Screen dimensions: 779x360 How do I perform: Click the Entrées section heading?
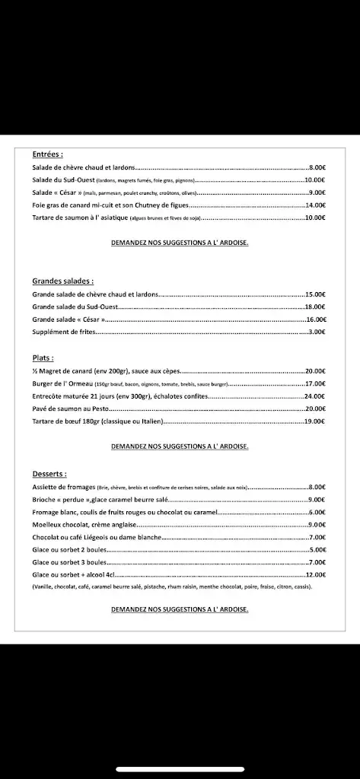[x=47, y=153]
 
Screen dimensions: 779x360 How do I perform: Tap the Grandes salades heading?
[x=62, y=281]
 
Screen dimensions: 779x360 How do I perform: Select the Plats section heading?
[x=43, y=357]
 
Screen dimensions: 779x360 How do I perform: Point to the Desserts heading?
[x=49, y=473]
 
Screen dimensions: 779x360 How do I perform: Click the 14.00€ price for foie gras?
[x=316, y=205]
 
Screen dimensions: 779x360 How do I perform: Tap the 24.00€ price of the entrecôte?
[x=316, y=396]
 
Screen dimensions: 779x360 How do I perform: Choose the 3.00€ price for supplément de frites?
[x=317, y=332]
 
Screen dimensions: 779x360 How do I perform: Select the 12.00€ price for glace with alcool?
[x=316, y=574]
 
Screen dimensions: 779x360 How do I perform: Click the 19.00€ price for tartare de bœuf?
[x=316, y=421]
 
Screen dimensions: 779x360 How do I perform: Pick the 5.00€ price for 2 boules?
[x=317, y=549]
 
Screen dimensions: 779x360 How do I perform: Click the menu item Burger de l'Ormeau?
[x=62, y=383]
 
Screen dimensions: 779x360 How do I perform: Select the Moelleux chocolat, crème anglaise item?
[x=84, y=524]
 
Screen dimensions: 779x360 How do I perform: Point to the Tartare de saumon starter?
[x=80, y=218]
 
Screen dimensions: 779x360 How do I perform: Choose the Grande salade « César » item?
[x=68, y=320]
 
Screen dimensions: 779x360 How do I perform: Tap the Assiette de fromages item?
[x=64, y=486]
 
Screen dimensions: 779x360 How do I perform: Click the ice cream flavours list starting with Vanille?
[x=171, y=587]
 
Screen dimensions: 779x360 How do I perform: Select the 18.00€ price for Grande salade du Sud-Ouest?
[x=316, y=307]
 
